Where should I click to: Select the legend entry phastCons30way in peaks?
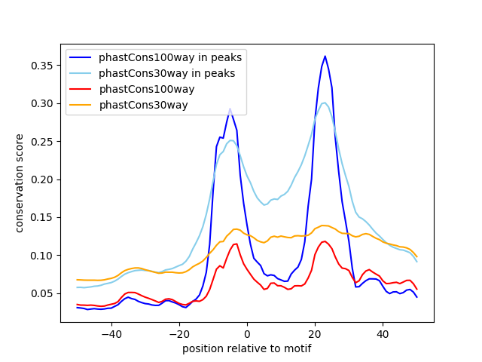(166, 73)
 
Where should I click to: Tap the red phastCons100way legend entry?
(147, 89)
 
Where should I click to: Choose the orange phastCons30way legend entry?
(143, 105)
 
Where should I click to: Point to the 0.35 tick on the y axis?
(44, 66)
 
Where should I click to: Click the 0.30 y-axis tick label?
(44, 103)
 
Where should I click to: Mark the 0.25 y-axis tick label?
(44, 141)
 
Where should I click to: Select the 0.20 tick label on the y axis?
(44, 179)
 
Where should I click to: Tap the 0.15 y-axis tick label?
(44, 217)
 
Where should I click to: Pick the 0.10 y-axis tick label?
(44, 256)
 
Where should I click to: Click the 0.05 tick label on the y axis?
(44, 293)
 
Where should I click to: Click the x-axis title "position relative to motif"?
(246, 348)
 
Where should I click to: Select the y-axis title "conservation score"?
(20, 183)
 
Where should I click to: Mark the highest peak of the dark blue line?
(325, 56)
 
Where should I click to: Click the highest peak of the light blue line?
(324, 103)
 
